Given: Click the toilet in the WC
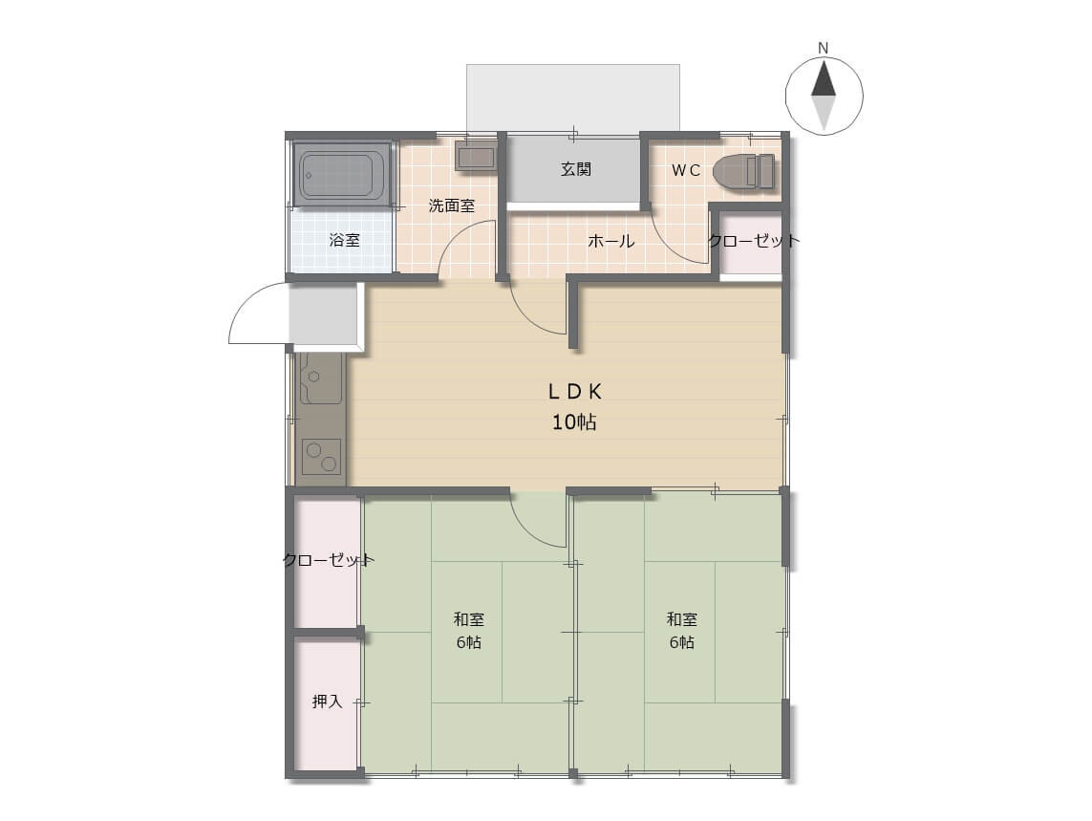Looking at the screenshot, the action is pyautogui.click(x=743, y=171).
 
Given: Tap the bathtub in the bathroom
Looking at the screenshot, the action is pyautogui.click(x=342, y=174).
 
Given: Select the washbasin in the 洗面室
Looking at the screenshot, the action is pyautogui.click(x=476, y=157).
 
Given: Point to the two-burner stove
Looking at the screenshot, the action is pyautogui.click(x=321, y=457).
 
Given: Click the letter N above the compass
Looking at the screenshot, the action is pyautogui.click(x=824, y=49).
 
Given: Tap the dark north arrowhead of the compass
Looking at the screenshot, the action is pyautogui.click(x=824, y=78).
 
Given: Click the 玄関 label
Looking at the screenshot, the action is pyautogui.click(x=577, y=169).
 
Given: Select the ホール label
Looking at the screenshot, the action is pyautogui.click(x=610, y=241).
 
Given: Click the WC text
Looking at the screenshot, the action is pyautogui.click(x=686, y=171).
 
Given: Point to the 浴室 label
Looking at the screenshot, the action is pyautogui.click(x=345, y=241).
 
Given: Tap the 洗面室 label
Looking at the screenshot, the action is pyautogui.click(x=452, y=205).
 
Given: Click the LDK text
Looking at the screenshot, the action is pyautogui.click(x=574, y=392).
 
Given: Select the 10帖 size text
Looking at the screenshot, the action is pyautogui.click(x=574, y=421).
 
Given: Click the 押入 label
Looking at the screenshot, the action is pyautogui.click(x=328, y=702).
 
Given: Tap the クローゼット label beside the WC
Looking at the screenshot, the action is pyautogui.click(x=754, y=241).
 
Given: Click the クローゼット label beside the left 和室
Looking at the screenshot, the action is pyautogui.click(x=329, y=560).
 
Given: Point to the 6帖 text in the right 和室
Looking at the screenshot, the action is pyautogui.click(x=682, y=642).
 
